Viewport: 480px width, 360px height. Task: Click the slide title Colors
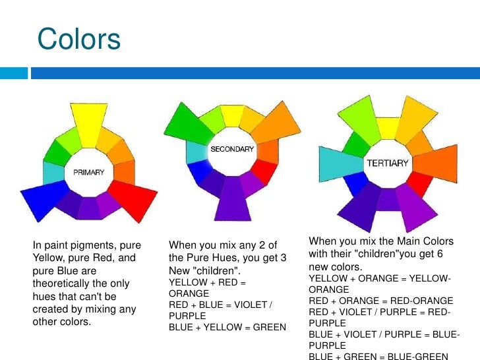click(x=79, y=39)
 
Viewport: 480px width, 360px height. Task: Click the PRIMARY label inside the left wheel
click(x=88, y=172)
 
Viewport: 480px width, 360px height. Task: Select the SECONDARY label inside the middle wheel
click(x=231, y=150)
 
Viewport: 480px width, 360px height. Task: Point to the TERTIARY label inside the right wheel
click(x=388, y=163)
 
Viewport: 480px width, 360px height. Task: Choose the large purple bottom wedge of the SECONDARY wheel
click(x=231, y=202)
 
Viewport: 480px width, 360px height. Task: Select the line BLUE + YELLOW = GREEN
click(x=227, y=327)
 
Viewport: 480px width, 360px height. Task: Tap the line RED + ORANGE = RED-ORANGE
click(x=380, y=301)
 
